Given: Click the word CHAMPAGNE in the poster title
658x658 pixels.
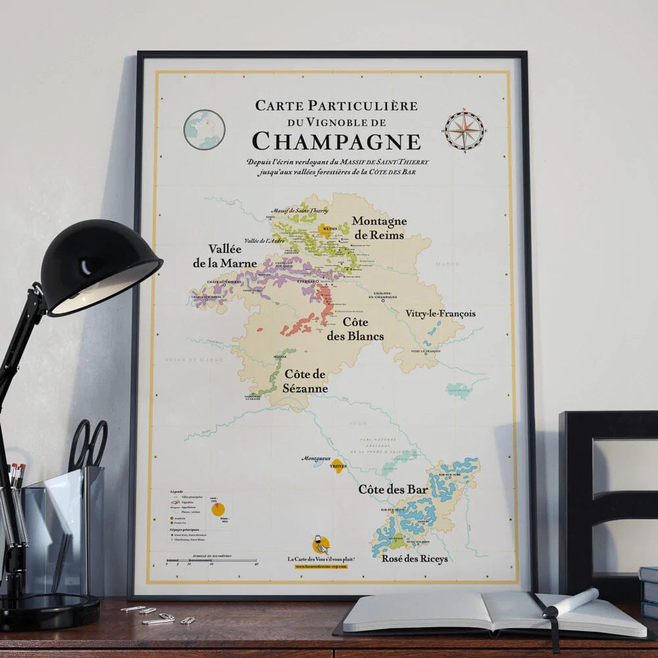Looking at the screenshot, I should coord(336,141).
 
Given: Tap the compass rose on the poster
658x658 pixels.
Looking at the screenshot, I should coord(464,130).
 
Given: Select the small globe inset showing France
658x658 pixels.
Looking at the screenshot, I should coord(204,130).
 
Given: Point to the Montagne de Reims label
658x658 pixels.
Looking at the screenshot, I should coord(379,228).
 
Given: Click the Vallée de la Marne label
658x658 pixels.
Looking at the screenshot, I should coord(224,256).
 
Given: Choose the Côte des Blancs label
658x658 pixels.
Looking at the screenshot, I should coord(356,329).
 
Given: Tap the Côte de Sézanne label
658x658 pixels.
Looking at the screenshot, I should coord(306,381).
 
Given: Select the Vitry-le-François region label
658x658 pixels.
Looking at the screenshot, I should coord(440,314).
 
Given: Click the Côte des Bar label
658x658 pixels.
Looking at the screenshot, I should coord(393,490).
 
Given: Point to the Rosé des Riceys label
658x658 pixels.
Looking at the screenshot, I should coord(415,559).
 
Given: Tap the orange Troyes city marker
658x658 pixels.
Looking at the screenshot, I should coord(338,465).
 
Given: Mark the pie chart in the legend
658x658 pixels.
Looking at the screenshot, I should coord(218,509).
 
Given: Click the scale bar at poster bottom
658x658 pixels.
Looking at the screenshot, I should coord(211,561).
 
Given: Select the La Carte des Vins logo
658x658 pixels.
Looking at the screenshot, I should coord(321,545).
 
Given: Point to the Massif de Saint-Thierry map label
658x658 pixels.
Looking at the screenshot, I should coord(299,210).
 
